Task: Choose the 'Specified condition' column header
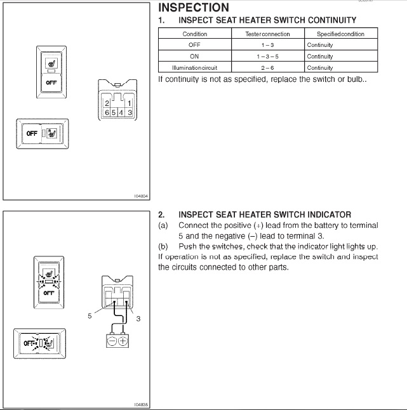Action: pyautogui.click(x=341, y=34)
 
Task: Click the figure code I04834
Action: pyautogui.click(x=142, y=197)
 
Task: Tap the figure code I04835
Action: pyautogui.click(x=142, y=404)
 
